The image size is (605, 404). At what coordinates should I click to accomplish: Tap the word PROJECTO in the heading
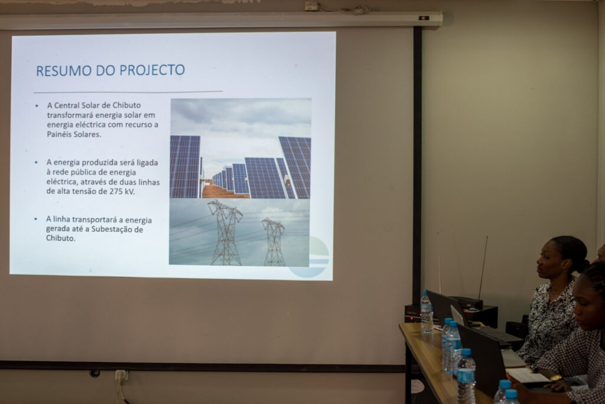[x=152, y=70]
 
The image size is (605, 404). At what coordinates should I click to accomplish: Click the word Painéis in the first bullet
[x=58, y=134]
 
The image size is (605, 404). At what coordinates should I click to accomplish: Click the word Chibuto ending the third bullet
[x=60, y=238]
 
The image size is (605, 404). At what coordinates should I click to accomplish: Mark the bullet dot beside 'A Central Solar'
[x=37, y=105]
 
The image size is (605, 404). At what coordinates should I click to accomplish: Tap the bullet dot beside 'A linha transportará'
[x=36, y=219]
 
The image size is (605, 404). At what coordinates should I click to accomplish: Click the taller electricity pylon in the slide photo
[x=226, y=232]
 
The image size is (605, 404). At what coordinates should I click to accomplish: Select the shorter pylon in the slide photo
[x=274, y=242]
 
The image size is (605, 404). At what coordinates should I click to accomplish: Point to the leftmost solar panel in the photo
[x=185, y=166]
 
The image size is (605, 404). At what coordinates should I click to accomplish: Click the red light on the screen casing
[x=424, y=18]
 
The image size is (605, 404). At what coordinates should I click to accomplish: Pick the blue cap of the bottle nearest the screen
[x=425, y=292]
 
